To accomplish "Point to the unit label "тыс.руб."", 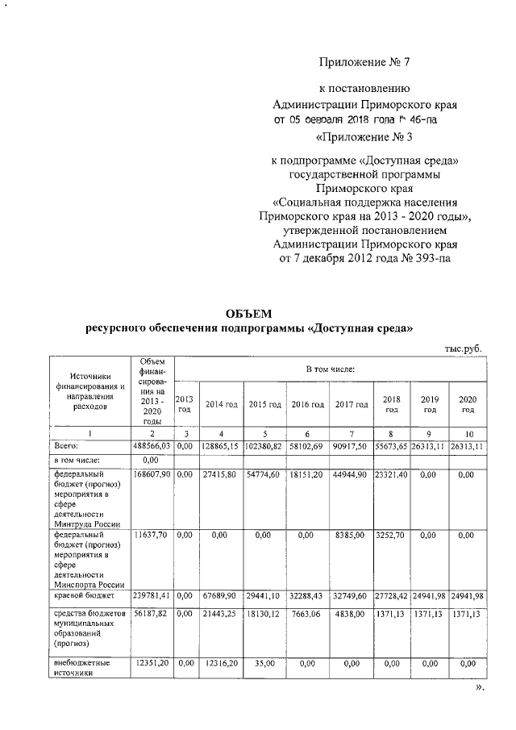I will tap(463, 348).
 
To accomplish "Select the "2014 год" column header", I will tap(221, 404).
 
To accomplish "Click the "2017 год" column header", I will tap(352, 404).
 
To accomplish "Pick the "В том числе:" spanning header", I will tap(330, 369).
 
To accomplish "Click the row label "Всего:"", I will tap(65, 445).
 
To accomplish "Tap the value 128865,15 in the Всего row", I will tap(221, 445).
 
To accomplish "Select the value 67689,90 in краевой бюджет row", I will tap(221, 594).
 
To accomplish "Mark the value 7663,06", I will tap(308, 615).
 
